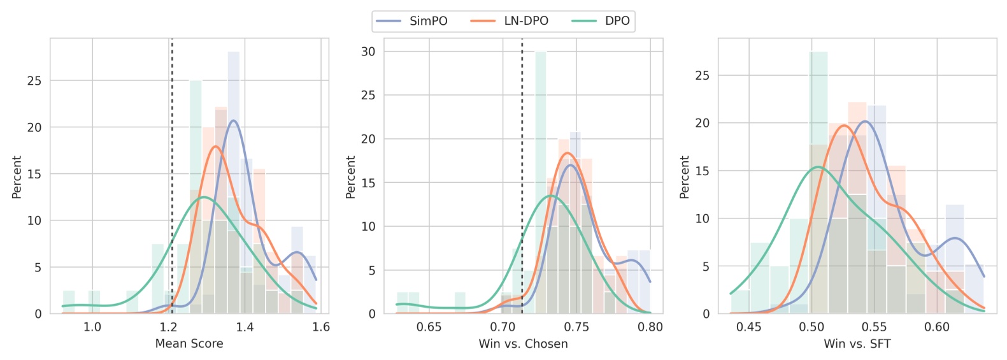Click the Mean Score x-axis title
(x=189, y=344)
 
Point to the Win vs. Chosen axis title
(x=523, y=344)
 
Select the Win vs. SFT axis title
(x=857, y=344)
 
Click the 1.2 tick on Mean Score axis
(x=169, y=328)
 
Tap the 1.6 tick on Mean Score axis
(x=321, y=328)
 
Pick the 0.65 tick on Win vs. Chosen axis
(x=429, y=328)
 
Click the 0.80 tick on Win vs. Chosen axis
(x=650, y=328)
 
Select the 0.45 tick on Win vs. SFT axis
(x=748, y=328)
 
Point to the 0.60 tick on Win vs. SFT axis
(x=936, y=328)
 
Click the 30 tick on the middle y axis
(x=368, y=52)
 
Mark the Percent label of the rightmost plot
(x=685, y=177)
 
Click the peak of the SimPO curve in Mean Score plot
(x=234, y=120)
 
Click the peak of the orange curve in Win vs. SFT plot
(x=844, y=126)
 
